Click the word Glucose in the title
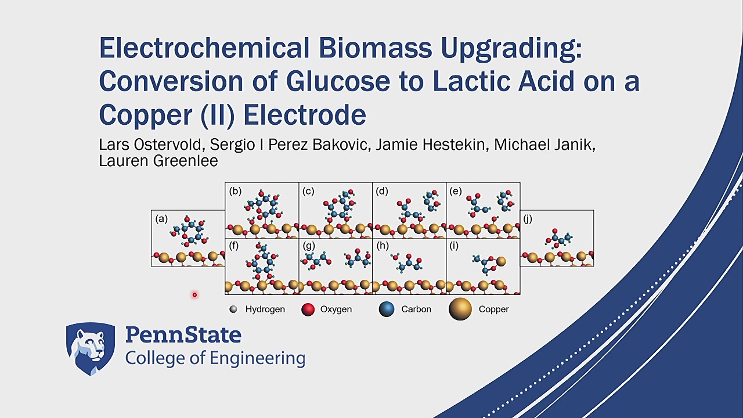click(338, 81)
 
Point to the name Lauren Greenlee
click(158, 161)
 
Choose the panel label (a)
click(161, 219)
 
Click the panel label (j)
click(528, 219)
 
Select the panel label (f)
click(233, 247)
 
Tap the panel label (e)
click(456, 192)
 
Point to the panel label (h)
click(382, 247)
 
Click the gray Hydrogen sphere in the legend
click(233, 309)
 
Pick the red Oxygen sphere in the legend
click(308, 309)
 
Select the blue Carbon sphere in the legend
click(387, 309)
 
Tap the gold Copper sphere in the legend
click(460, 309)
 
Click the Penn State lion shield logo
click(91, 349)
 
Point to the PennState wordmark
click(183, 335)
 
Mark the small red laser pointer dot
click(194, 294)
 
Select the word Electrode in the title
click(305, 115)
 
